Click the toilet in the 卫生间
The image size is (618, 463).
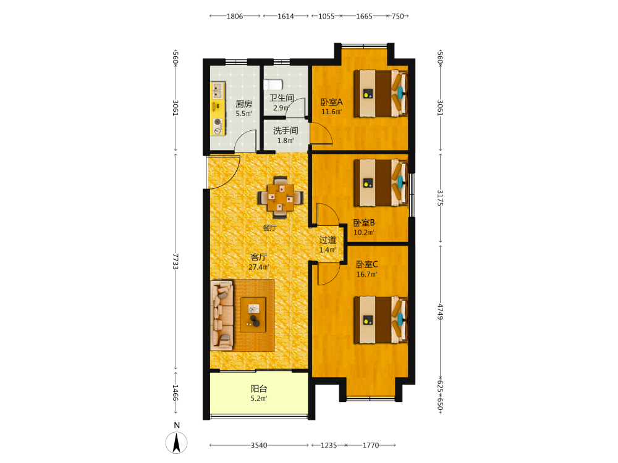[x=273, y=85]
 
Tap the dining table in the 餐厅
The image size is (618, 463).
[x=281, y=198]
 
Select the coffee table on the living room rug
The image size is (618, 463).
[x=253, y=315]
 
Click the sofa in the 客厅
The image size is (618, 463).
[x=222, y=315]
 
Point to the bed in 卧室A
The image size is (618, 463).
[x=380, y=93]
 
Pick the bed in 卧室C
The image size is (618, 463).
[x=380, y=320]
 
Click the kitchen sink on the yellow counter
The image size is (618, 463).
[x=217, y=90]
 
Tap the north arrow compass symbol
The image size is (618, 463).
[x=177, y=442]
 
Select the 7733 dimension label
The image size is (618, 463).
[x=176, y=261]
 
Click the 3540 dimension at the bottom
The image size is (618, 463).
[x=259, y=445]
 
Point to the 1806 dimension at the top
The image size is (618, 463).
[x=234, y=16]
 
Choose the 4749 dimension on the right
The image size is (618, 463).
[x=440, y=311]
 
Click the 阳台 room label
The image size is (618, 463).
[x=259, y=388]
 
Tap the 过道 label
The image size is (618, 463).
[x=328, y=240]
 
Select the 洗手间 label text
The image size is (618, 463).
[x=286, y=131]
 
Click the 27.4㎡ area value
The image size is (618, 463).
[x=258, y=267]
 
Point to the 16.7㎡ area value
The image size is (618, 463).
[x=366, y=275]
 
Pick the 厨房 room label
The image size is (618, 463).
[x=244, y=104]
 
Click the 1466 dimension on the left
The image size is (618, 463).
[x=176, y=393]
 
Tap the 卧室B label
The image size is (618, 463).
[x=364, y=223]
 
